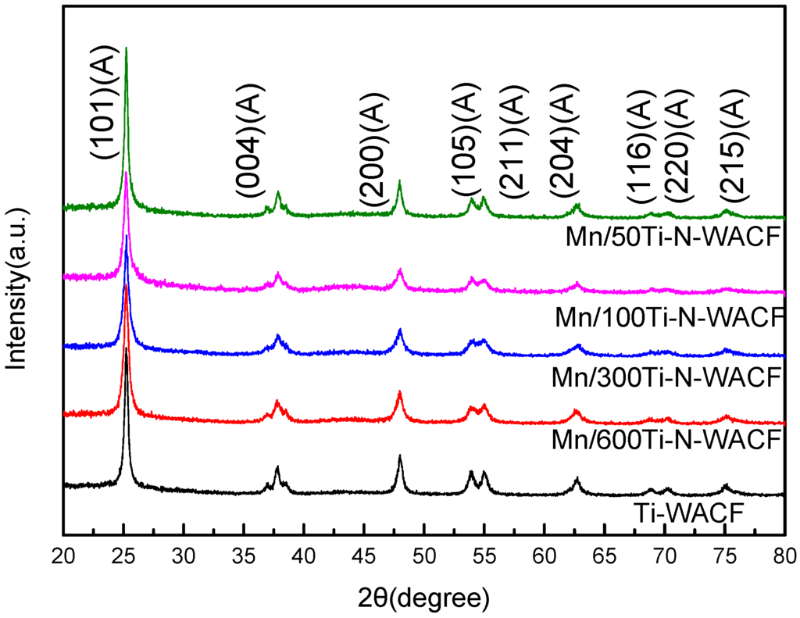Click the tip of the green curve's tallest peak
(126, 48)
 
